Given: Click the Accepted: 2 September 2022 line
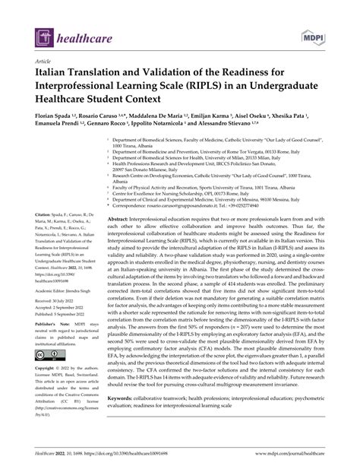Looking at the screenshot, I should (58, 309).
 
